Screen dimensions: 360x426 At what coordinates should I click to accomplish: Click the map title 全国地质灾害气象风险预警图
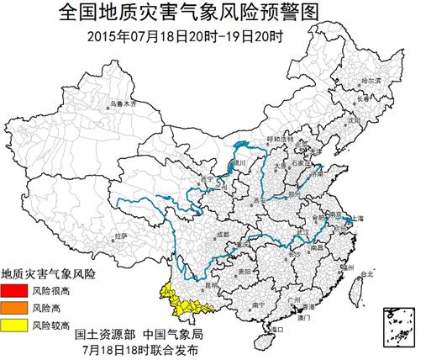213,12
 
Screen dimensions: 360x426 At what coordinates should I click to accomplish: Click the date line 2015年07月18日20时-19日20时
213,36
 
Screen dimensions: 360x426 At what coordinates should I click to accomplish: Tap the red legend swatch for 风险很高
14,290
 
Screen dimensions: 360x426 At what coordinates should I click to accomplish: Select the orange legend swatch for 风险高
14,307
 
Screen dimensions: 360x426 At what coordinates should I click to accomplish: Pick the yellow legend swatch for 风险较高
14,324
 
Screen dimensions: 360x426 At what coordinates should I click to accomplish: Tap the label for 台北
366,274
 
